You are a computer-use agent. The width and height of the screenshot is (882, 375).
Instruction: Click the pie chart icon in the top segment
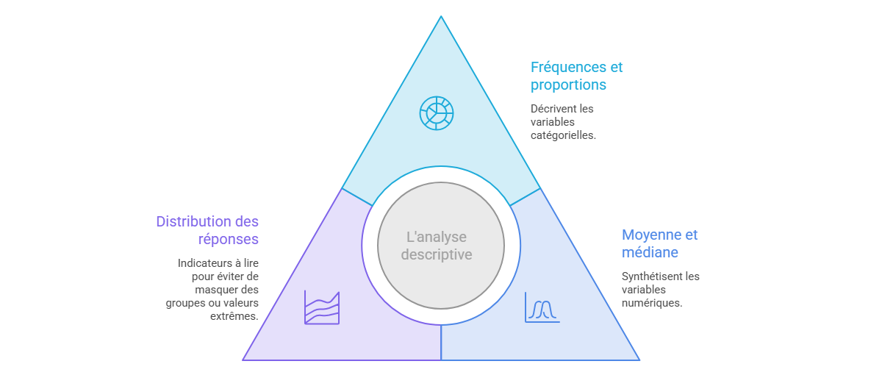pyautogui.click(x=437, y=113)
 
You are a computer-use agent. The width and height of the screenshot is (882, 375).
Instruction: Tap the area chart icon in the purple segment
pyautogui.click(x=322, y=307)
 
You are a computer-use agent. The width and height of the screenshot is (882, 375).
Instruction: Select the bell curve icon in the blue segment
pyautogui.click(x=542, y=307)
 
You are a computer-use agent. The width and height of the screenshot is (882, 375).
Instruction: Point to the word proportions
pyautogui.click(x=568, y=85)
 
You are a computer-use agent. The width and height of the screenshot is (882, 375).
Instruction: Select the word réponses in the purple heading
pyautogui.click(x=229, y=239)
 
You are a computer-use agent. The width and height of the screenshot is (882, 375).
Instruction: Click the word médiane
pyautogui.click(x=650, y=252)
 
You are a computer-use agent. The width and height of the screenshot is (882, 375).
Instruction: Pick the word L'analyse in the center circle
pyautogui.click(x=437, y=237)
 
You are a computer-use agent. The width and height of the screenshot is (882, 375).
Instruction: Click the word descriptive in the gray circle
pyautogui.click(x=437, y=254)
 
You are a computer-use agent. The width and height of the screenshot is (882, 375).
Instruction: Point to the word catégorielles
pyautogui.click(x=563, y=135)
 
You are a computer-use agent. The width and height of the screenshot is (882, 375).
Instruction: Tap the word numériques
pyautogui.click(x=652, y=303)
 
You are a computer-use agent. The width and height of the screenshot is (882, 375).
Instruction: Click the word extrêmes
pyautogui.click(x=234, y=316)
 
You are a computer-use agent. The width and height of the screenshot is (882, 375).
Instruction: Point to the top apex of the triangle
pyautogui.click(x=441, y=16)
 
